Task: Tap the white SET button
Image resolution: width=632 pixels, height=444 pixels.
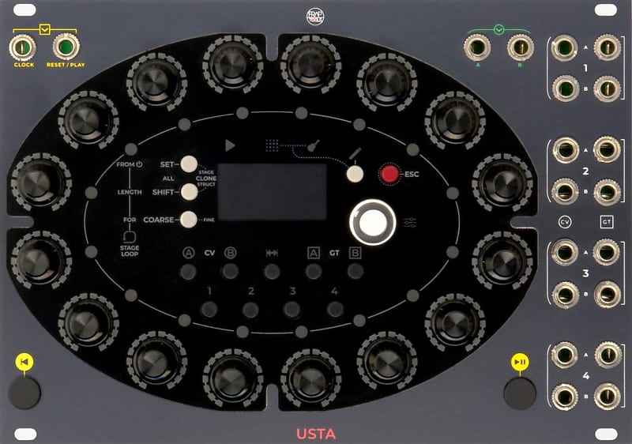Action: point(189,164)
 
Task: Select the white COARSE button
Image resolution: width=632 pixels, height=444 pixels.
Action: point(189,220)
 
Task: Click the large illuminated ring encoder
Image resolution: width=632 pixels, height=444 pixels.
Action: point(372,222)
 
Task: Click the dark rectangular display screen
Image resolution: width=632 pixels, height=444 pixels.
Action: point(272,192)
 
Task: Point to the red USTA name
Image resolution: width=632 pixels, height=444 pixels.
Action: point(316,433)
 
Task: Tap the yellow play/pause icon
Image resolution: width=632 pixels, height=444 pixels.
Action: point(520,362)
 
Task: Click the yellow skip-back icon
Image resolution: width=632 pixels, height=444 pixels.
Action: point(24,362)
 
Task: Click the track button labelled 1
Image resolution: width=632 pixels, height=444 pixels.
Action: point(209,309)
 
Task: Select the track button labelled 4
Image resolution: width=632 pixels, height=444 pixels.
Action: point(335,309)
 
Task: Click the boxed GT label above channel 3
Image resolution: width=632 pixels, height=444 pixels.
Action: point(606,220)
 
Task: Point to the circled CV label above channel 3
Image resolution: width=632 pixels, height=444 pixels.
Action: point(565,220)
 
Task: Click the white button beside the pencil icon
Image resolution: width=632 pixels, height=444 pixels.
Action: point(355,174)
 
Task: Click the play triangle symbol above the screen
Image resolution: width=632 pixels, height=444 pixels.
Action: point(230,145)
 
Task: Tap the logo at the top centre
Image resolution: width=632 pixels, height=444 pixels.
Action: point(316,15)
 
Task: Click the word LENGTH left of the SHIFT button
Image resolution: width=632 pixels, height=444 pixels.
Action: point(130,192)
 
